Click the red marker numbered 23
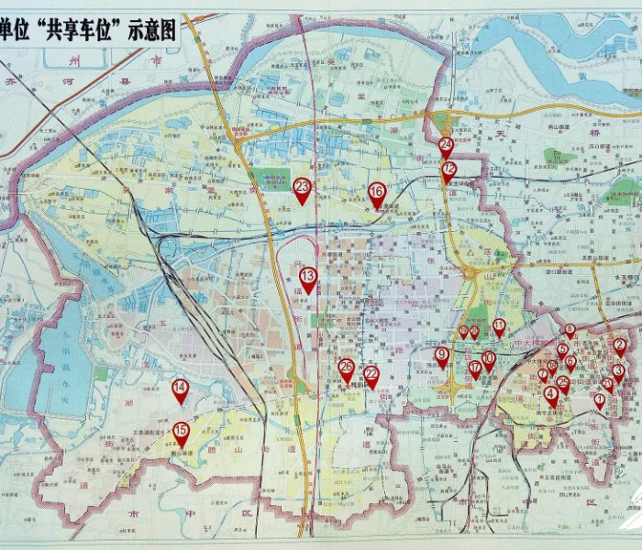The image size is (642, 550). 302,189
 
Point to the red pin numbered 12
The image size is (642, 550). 448,170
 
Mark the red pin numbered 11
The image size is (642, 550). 499,326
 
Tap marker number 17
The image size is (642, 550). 474,369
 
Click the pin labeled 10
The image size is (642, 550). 488,359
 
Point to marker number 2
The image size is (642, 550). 620,346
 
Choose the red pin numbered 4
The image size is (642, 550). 550,395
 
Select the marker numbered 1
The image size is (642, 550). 599,401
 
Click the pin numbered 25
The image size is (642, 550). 562,383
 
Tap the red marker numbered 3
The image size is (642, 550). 618,371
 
